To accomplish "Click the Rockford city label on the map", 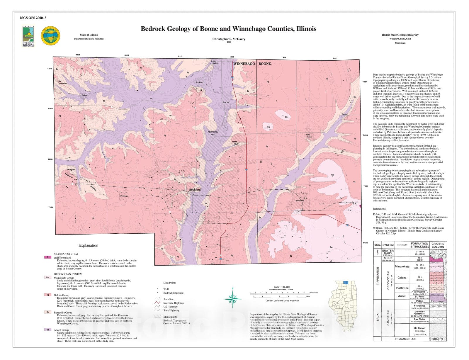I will (195, 190).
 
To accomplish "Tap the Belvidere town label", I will (299, 201).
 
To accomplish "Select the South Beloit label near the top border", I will (215, 62).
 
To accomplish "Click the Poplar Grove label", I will (308, 136).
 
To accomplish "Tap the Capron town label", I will (344, 114).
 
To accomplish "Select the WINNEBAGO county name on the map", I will (244, 64).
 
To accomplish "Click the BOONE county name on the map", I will (264, 64).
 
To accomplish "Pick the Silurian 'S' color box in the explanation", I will (47, 257).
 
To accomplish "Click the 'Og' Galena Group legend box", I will (47, 295).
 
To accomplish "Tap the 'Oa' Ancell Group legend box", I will (47, 330).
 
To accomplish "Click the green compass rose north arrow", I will (233, 299).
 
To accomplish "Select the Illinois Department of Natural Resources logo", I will (28, 36).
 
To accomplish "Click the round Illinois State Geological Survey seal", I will (50, 36).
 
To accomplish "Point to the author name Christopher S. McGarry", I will (229, 39).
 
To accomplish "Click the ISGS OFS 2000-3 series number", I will (33, 18).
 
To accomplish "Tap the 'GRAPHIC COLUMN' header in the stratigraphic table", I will (438, 245).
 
